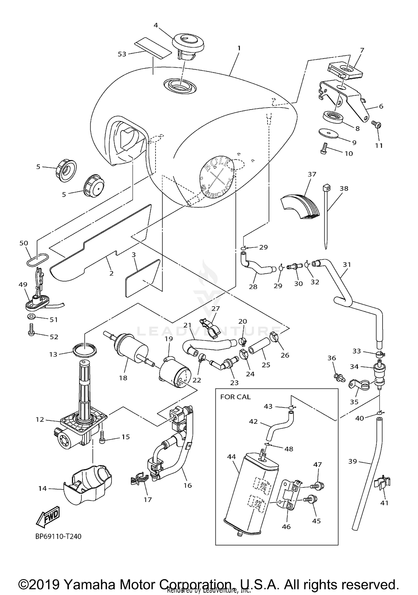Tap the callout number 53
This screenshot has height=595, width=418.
click(122, 54)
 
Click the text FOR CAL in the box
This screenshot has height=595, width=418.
click(235, 397)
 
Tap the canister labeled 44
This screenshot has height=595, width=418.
click(251, 493)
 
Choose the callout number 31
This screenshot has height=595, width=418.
click(347, 264)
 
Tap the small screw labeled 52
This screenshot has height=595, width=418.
click(31, 330)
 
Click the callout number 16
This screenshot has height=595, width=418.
click(188, 485)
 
